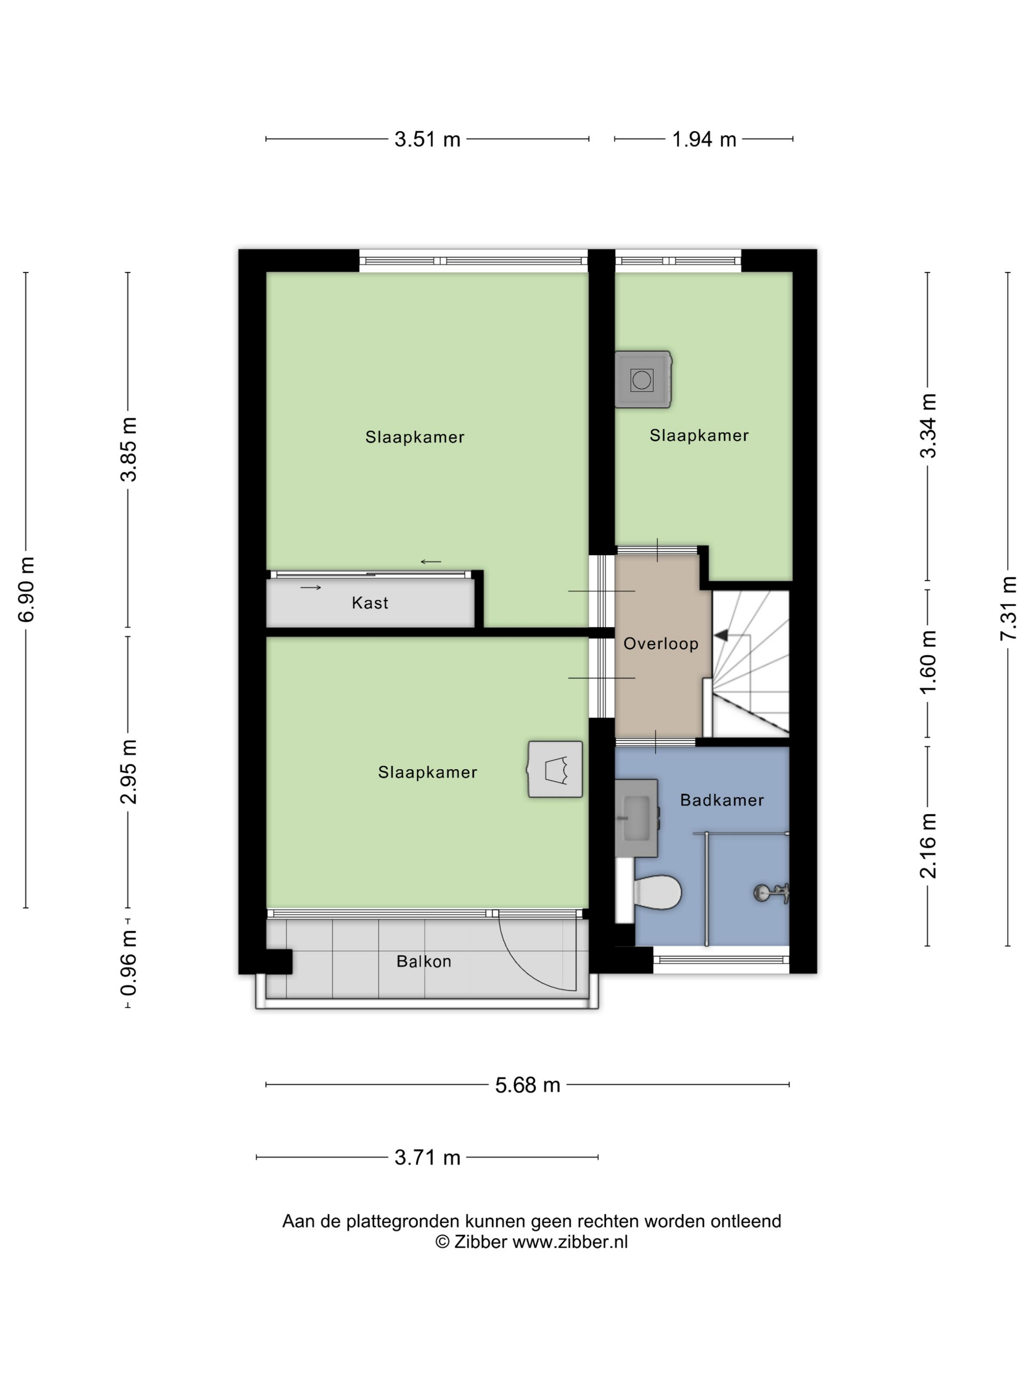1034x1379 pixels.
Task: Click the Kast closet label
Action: tap(370, 603)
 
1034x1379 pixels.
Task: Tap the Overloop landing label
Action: tap(661, 643)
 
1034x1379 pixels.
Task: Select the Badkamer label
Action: tap(722, 800)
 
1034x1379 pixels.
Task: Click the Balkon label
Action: tap(424, 961)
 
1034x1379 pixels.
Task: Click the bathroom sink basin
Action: tap(636, 818)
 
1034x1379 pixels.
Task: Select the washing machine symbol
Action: tap(643, 379)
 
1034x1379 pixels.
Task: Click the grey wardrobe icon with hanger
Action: tap(555, 769)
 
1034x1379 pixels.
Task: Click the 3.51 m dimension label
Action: tap(427, 139)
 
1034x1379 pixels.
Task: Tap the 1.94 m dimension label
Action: tap(704, 139)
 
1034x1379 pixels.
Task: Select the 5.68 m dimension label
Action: tap(527, 1085)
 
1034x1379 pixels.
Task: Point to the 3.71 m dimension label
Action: tap(427, 1158)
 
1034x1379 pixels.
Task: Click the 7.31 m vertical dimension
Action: tap(1008, 608)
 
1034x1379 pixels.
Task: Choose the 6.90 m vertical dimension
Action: tap(26, 590)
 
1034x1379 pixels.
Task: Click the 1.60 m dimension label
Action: tap(928, 661)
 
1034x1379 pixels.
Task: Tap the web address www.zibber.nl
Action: tap(570, 1242)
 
